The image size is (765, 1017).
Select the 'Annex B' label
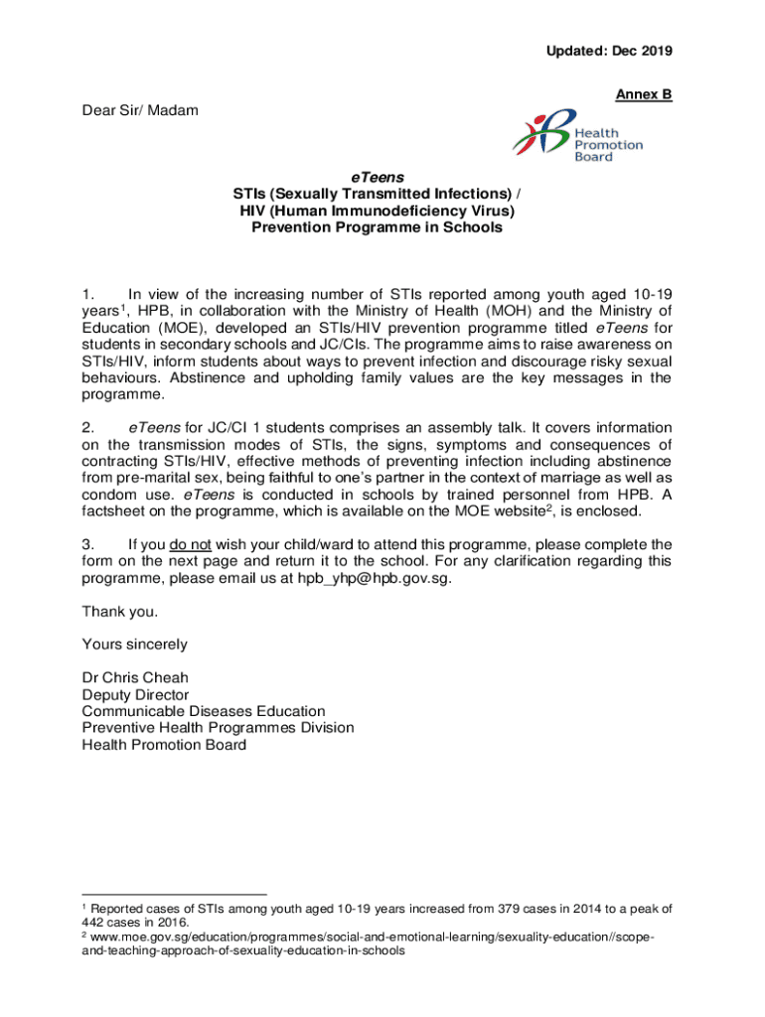[x=644, y=95]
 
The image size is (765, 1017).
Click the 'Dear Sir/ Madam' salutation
[x=140, y=110]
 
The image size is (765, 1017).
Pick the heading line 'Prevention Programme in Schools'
[x=378, y=227]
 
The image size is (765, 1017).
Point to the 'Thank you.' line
[x=119, y=612]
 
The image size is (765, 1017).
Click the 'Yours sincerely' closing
[x=134, y=645]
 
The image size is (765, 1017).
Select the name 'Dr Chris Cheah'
[x=135, y=678]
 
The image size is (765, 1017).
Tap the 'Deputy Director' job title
[x=135, y=695]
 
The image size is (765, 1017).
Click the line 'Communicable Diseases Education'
[x=204, y=711]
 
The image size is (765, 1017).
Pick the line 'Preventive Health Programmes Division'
[x=218, y=728]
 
